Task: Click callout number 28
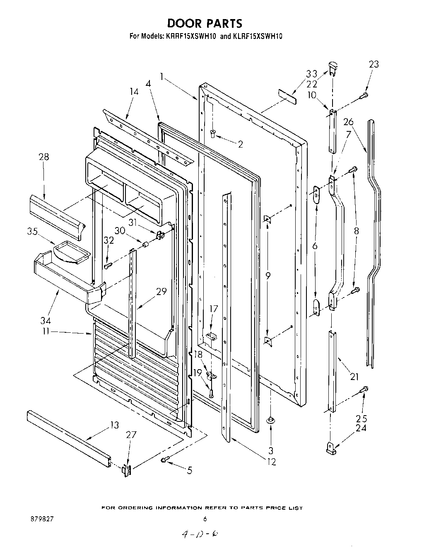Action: (43, 157)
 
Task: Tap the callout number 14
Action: (134, 92)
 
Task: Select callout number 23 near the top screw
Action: (374, 64)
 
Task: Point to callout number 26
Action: (348, 122)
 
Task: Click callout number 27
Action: (131, 434)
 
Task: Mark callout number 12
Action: (271, 462)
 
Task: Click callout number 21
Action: (354, 377)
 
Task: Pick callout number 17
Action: (213, 308)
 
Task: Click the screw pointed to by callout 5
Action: (164, 459)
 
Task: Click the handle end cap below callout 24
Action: (330, 448)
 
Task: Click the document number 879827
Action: (42, 518)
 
